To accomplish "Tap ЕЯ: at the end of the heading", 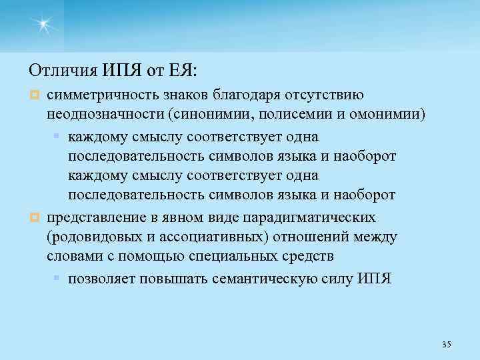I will pos(194,69).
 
